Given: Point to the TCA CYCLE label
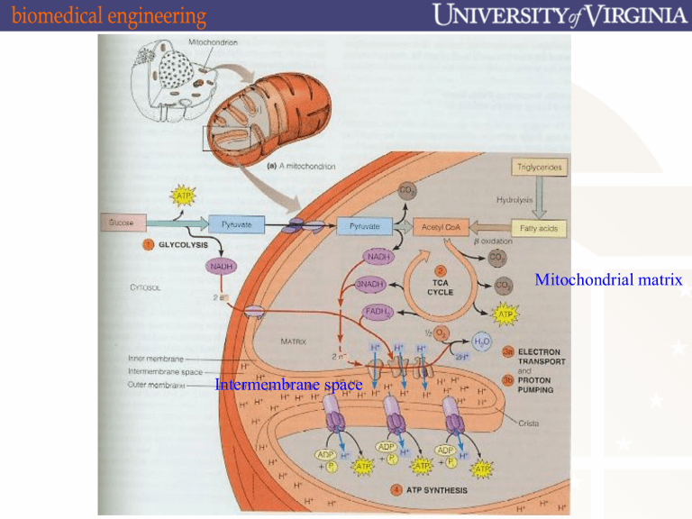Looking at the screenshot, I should [x=441, y=287].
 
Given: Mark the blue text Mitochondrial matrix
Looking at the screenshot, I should [x=607, y=281].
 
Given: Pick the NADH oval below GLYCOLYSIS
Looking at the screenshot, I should [x=221, y=267].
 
